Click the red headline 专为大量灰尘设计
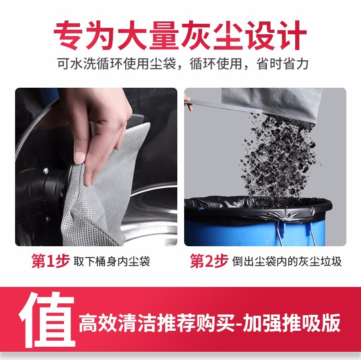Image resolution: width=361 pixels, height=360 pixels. click(180, 36)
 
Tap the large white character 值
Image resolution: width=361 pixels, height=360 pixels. click(47, 320)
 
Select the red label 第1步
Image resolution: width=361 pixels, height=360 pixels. click(51, 261)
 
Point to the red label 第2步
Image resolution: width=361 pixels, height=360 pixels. click(209, 261)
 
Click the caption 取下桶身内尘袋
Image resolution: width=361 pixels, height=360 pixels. click(111, 262)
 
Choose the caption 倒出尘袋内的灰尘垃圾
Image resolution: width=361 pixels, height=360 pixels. click(287, 262)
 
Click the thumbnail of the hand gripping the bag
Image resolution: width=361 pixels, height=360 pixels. click(96, 167)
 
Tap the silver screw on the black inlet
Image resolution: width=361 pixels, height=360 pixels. click(46, 171)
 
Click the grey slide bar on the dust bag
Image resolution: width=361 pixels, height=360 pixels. click(226, 106)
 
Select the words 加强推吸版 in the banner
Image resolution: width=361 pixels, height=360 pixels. click(292, 323)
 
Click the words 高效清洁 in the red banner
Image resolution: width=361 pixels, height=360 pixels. click(117, 323)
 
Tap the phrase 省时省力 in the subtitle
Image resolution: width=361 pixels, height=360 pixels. click(282, 64)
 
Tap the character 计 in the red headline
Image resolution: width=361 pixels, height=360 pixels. click(292, 36)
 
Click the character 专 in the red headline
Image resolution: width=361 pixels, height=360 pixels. click(69, 36)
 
